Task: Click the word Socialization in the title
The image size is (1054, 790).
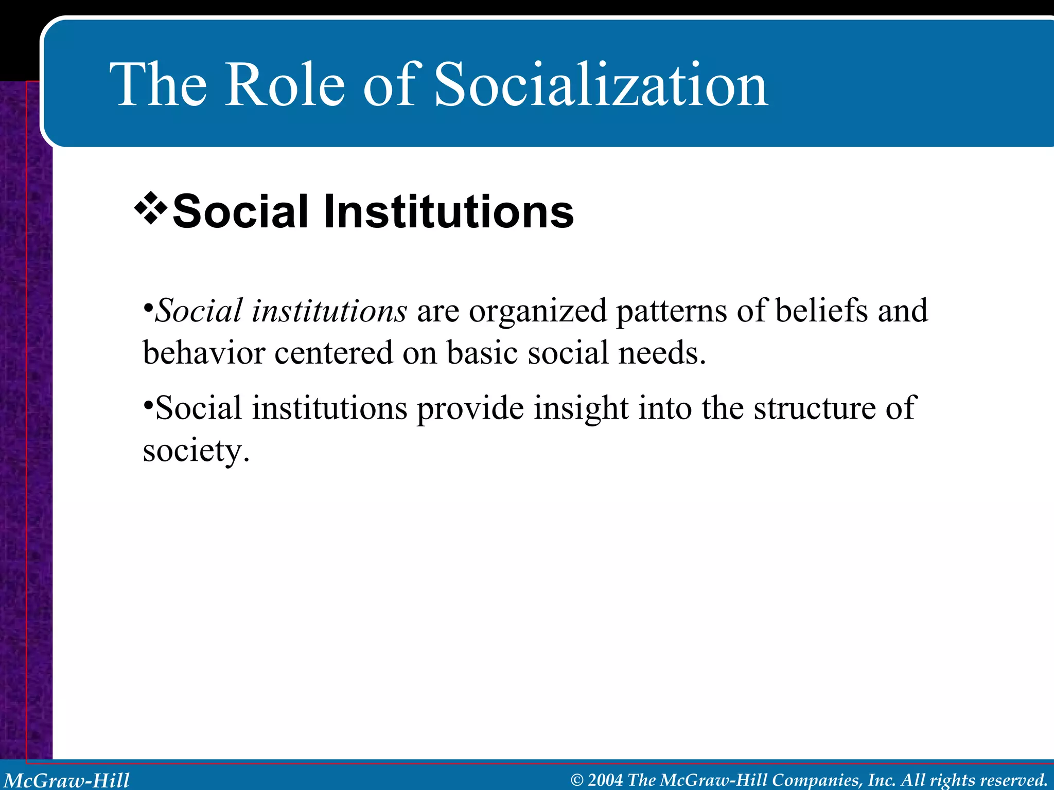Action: [x=601, y=85]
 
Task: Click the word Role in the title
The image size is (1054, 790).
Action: [x=285, y=85]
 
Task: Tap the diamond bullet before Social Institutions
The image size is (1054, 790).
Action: [x=150, y=208]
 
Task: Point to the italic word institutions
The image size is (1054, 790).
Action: [x=329, y=311]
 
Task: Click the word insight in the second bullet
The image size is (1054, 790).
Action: [x=581, y=409]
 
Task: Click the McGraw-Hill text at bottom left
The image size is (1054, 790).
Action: [x=67, y=780]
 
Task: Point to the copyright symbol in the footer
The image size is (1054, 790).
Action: [x=577, y=780]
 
